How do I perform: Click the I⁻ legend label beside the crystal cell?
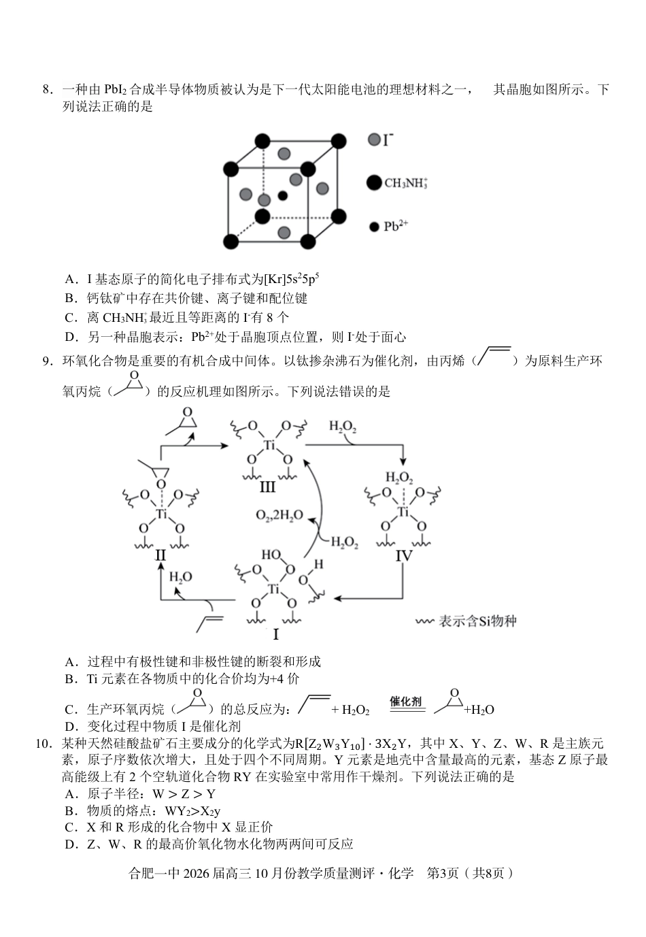tap(388, 140)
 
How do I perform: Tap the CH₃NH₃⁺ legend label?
tap(406, 182)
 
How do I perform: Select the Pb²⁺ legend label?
tap(396, 226)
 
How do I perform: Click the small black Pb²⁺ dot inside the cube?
tap(282, 196)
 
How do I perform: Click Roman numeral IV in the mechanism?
tap(404, 555)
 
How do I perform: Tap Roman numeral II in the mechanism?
tap(160, 555)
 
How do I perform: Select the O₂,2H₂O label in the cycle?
tap(279, 516)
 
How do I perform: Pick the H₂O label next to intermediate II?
tap(180, 577)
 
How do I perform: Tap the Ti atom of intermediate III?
tap(269, 446)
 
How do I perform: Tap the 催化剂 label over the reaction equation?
tap(406, 701)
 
